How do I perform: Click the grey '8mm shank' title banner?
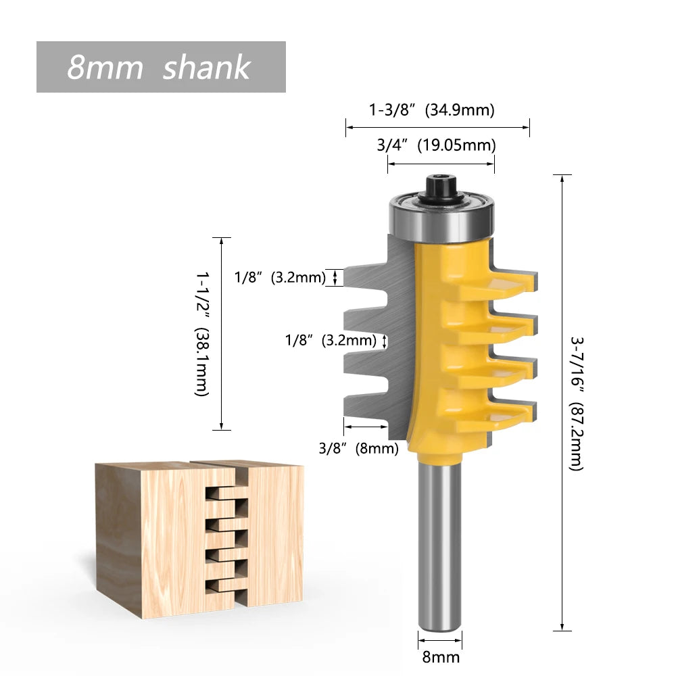tap(161, 67)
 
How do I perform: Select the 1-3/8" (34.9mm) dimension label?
tap(431, 110)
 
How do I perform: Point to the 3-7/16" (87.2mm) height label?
tap(576, 403)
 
